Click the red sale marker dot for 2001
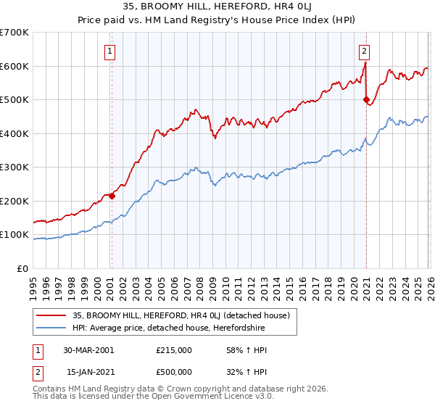[x=112, y=196]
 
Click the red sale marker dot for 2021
[x=366, y=100]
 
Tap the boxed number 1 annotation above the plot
[x=109, y=51]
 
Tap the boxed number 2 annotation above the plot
[x=363, y=51]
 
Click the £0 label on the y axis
[x=23, y=268]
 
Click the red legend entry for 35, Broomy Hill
[x=181, y=315]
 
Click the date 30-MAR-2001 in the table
[x=88, y=350]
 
